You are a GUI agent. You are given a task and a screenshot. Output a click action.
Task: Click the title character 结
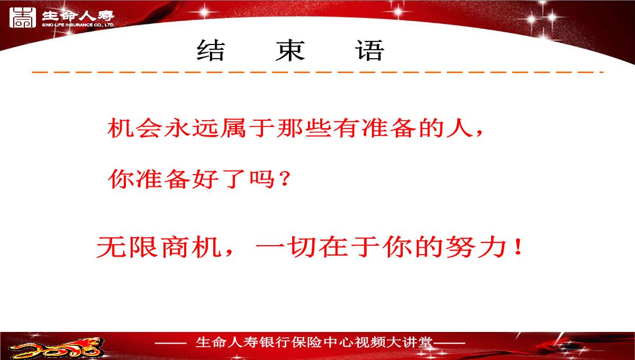211,50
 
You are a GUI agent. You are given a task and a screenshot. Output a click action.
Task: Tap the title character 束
291,50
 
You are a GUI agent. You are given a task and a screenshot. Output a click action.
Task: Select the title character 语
370,50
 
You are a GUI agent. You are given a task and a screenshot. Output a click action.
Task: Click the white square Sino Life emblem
23,17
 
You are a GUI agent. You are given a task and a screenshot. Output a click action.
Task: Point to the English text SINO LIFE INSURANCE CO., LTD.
78,25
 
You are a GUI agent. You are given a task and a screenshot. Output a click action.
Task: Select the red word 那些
304,128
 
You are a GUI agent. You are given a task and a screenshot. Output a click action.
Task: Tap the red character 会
149,128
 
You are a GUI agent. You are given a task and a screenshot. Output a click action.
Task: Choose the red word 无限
128,247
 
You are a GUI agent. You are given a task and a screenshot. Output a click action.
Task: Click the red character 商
174,247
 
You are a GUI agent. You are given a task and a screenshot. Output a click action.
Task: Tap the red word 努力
476,247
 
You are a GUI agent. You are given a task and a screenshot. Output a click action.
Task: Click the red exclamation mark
519,247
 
